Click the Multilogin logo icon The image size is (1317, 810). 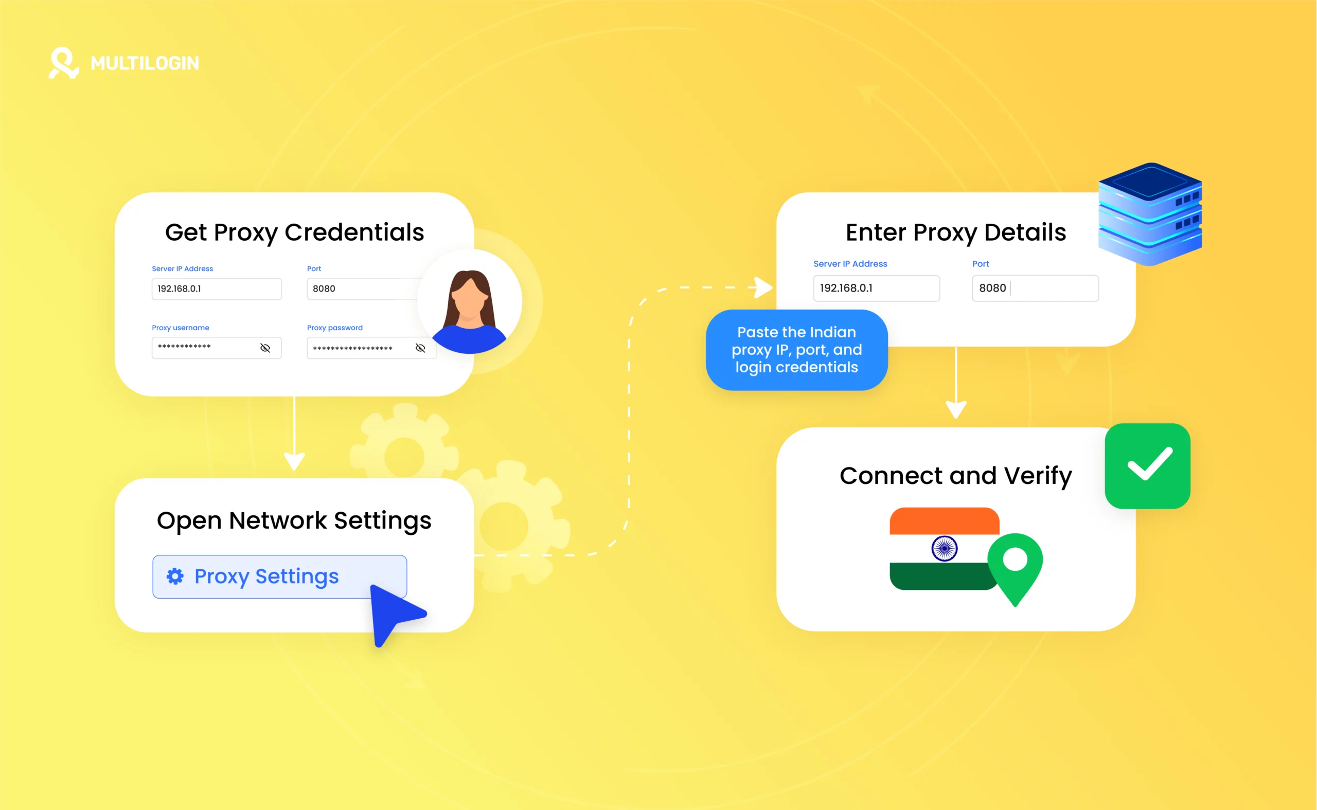64,63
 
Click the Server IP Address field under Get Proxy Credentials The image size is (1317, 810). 217,289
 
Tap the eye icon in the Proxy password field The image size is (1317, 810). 421,348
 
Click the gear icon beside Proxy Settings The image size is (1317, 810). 175,577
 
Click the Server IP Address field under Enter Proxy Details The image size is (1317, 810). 876,288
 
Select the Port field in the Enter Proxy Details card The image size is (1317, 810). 1035,288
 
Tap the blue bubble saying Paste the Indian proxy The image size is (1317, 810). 796,350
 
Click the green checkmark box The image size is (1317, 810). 1148,465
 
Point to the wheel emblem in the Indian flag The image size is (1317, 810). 944,549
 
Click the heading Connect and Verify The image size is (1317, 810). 955,476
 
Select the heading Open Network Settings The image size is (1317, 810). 294,520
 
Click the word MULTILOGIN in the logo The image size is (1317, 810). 145,63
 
